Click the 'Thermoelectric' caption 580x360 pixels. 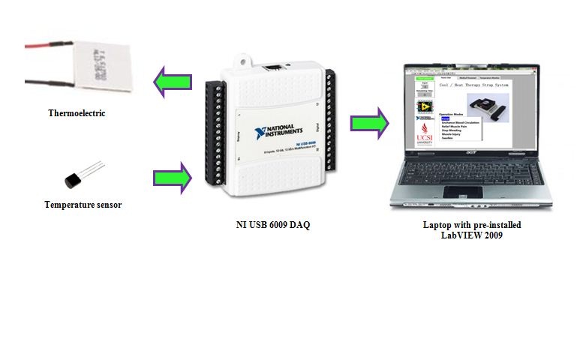(x=77, y=113)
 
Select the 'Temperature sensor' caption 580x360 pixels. (x=83, y=205)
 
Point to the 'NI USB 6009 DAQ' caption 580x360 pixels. (x=272, y=223)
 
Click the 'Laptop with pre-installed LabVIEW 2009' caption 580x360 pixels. (x=471, y=229)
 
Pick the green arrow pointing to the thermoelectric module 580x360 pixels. (x=172, y=81)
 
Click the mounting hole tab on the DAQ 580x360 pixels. (x=242, y=57)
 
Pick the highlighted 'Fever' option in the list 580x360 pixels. (x=445, y=118)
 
